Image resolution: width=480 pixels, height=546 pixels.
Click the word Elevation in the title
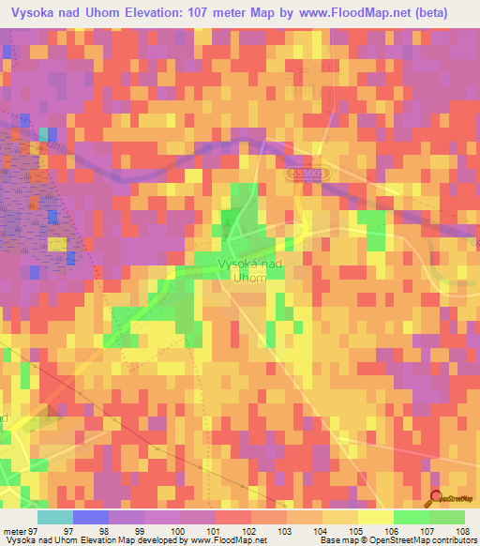click(161, 12)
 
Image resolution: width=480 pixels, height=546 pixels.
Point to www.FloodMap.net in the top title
click(347, 12)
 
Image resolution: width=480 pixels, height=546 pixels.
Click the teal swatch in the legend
click(54, 517)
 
